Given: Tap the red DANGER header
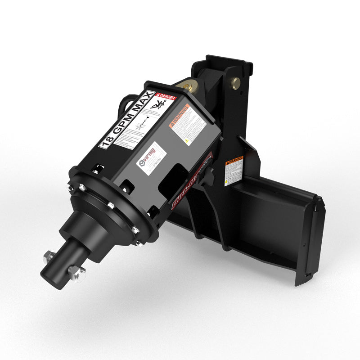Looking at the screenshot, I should click(166, 95).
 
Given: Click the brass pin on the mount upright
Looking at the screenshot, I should click(235, 82).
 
